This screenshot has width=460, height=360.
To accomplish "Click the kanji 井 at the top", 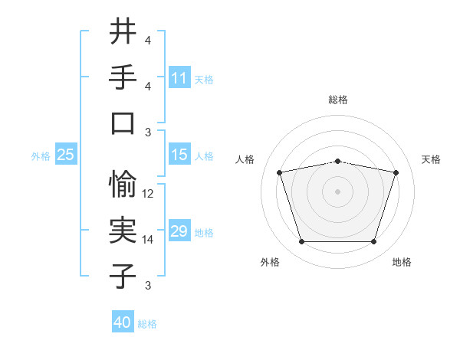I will [123, 32].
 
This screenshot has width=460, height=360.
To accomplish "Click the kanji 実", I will [123, 229].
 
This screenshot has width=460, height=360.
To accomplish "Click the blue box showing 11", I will [179, 78].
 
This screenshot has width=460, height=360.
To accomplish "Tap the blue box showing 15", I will [179, 155].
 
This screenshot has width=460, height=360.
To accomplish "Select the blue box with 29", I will [179, 231].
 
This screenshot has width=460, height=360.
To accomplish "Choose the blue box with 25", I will [66, 155].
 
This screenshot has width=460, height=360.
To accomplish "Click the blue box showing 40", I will [123, 322].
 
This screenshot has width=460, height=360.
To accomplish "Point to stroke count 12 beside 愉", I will [149, 194].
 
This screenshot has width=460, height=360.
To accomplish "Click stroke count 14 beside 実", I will [149, 240].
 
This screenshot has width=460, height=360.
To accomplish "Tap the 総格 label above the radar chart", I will [337, 100].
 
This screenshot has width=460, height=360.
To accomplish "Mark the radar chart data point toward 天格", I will [396, 172].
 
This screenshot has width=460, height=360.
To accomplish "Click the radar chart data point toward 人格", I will [279, 172].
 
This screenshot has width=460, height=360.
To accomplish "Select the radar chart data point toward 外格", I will [301, 242].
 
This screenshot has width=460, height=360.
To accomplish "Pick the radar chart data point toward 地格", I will [373, 242].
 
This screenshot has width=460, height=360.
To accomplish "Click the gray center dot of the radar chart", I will [337, 191].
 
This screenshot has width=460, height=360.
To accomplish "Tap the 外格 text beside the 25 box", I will [41, 155].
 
